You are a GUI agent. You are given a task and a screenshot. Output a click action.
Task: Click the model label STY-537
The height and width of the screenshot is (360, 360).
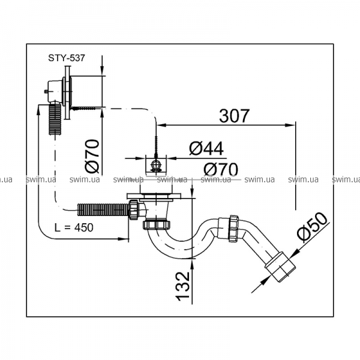click(67, 58)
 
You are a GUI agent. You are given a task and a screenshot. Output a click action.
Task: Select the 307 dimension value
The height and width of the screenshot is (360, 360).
click(234, 116)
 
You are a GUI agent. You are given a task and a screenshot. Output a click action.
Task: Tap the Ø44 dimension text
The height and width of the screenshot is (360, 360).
click(206, 148)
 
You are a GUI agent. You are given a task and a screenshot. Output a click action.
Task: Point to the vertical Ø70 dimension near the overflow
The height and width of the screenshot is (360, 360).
click(92, 156)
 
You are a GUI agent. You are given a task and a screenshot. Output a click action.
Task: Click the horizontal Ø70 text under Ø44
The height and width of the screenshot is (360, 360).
click(221, 169)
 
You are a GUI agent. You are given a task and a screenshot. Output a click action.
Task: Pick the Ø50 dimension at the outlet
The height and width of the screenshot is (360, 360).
click(312, 227)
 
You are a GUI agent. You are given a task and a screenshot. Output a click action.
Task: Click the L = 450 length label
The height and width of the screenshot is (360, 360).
click(74, 227)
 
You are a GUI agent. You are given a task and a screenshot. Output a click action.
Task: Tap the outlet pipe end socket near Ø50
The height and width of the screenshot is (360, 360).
click(280, 267)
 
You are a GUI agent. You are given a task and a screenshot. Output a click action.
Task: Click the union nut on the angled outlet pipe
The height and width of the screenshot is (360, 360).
click(233, 229)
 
